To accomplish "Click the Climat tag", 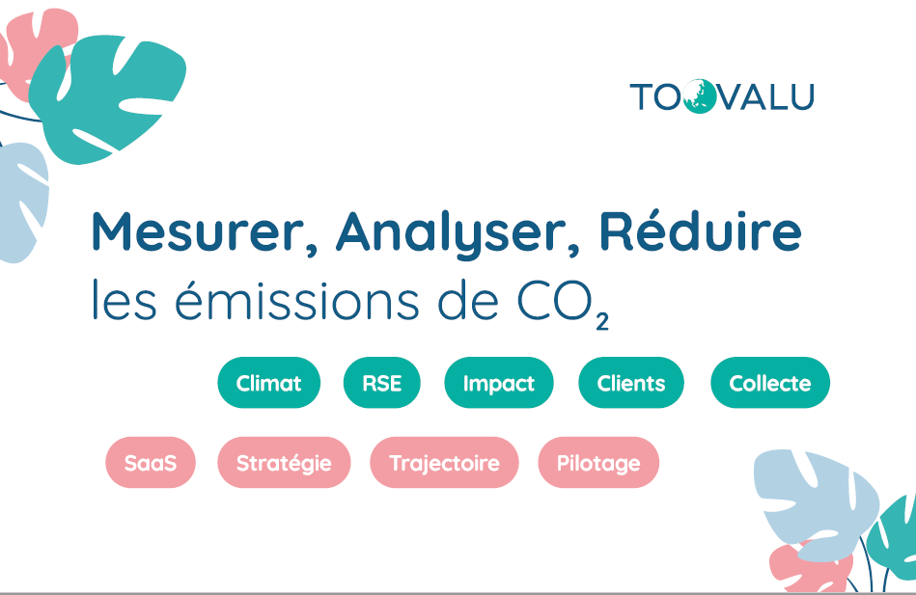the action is coord(268,383).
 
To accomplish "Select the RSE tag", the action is coord(381,383).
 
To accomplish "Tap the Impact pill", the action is coord(498,383).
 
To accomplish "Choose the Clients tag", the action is coord(631,383).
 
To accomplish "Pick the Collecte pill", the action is coord(770,383).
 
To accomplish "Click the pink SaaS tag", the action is coord(151,463).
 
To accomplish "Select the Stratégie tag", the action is coord(284,463).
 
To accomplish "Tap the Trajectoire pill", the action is coord(444,463).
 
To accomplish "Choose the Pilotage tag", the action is coord(598,463).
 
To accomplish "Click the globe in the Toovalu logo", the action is coord(699,96).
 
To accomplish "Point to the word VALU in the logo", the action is coord(765,97).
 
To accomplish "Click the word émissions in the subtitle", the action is coord(296,300).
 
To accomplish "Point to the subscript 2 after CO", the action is coord(602,322).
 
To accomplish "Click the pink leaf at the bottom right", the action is coord(809,569).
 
